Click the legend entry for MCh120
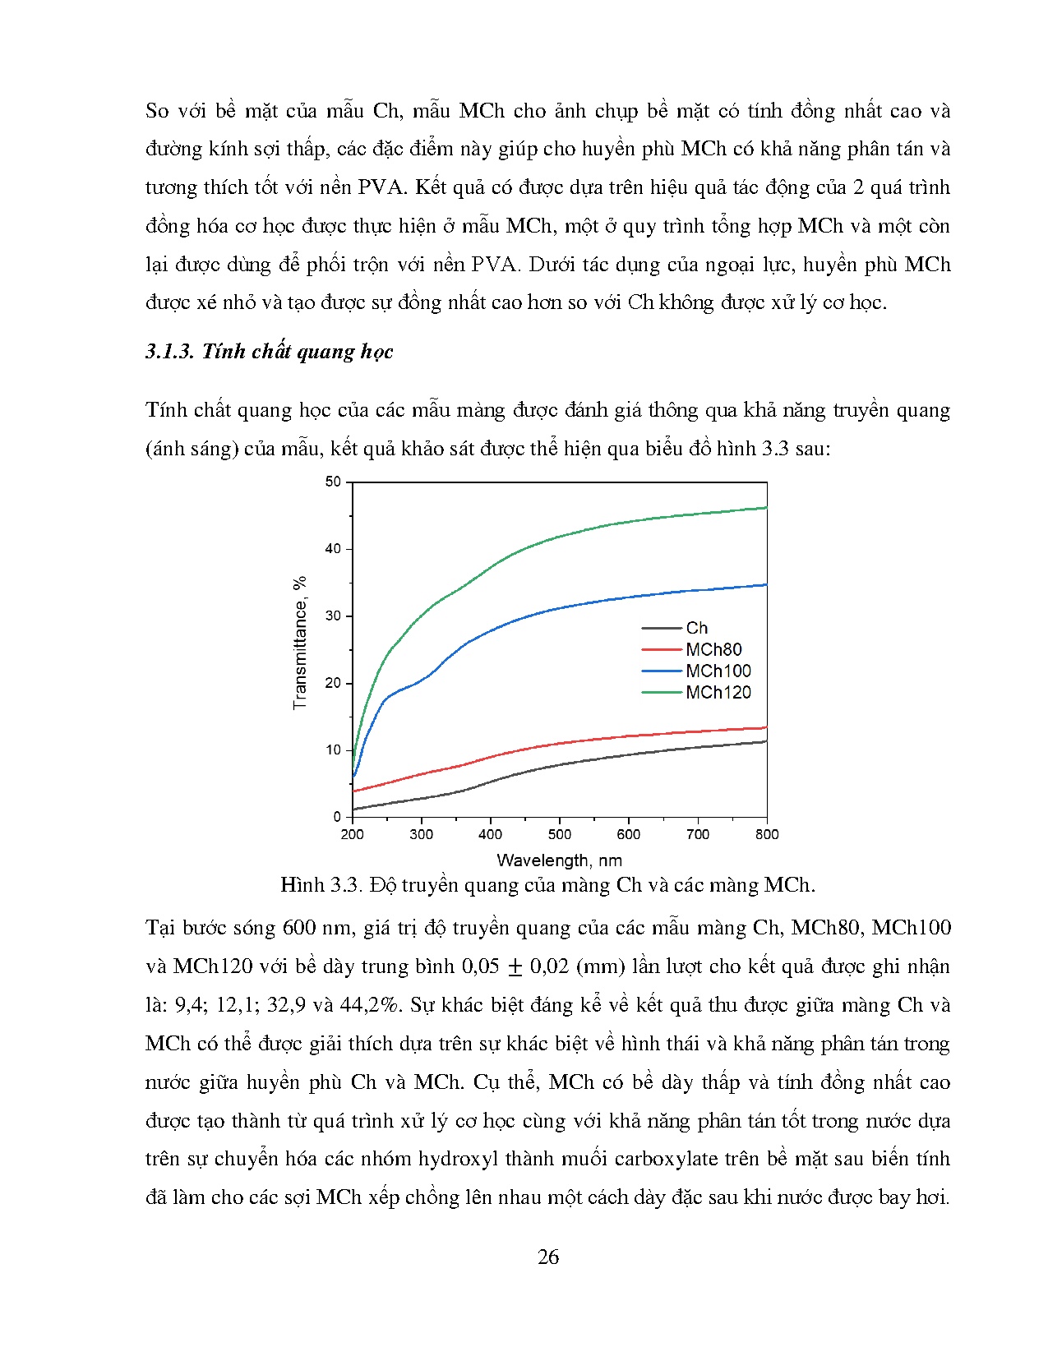pos(718,693)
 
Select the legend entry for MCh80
pos(713,649)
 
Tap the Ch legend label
pos(696,628)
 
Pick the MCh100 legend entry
pos(718,671)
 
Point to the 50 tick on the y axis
pos(333,482)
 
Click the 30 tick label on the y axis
pos(333,616)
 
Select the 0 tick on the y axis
pos(337,817)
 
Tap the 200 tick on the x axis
pos(352,834)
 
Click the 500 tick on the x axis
pos(559,834)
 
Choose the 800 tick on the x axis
pos(766,834)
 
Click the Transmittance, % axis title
pos(300,643)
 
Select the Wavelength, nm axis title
pos(559,860)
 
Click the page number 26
pos(548,1257)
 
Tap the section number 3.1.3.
pos(169,352)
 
